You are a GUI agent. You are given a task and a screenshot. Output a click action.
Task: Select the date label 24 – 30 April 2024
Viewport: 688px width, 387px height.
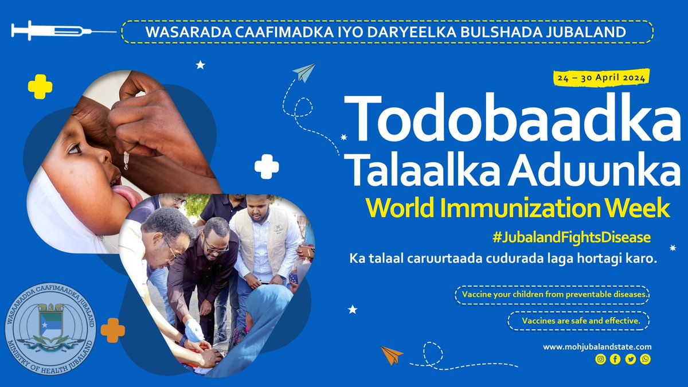click(601, 77)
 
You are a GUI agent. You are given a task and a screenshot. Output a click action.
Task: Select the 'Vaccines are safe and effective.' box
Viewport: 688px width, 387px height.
click(578, 321)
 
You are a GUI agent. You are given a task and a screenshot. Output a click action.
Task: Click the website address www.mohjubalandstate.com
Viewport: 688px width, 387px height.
click(597, 347)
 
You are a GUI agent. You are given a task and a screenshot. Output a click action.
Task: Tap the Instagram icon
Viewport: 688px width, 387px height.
click(600, 359)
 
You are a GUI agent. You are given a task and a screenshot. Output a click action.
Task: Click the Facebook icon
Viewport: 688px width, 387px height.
click(615, 359)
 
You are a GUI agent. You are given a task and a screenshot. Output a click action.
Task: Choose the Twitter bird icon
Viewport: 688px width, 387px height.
click(631, 359)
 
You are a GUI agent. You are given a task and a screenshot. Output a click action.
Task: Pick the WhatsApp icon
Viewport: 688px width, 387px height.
click(646, 359)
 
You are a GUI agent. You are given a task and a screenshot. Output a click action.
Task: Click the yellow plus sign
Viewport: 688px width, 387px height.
click(40, 87)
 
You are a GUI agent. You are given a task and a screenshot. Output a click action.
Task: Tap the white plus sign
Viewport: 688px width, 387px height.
click(267, 167)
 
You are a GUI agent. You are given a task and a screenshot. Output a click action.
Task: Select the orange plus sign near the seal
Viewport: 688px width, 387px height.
click(112, 330)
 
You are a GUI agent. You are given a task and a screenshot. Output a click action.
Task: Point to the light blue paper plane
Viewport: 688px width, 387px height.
click(304, 73)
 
